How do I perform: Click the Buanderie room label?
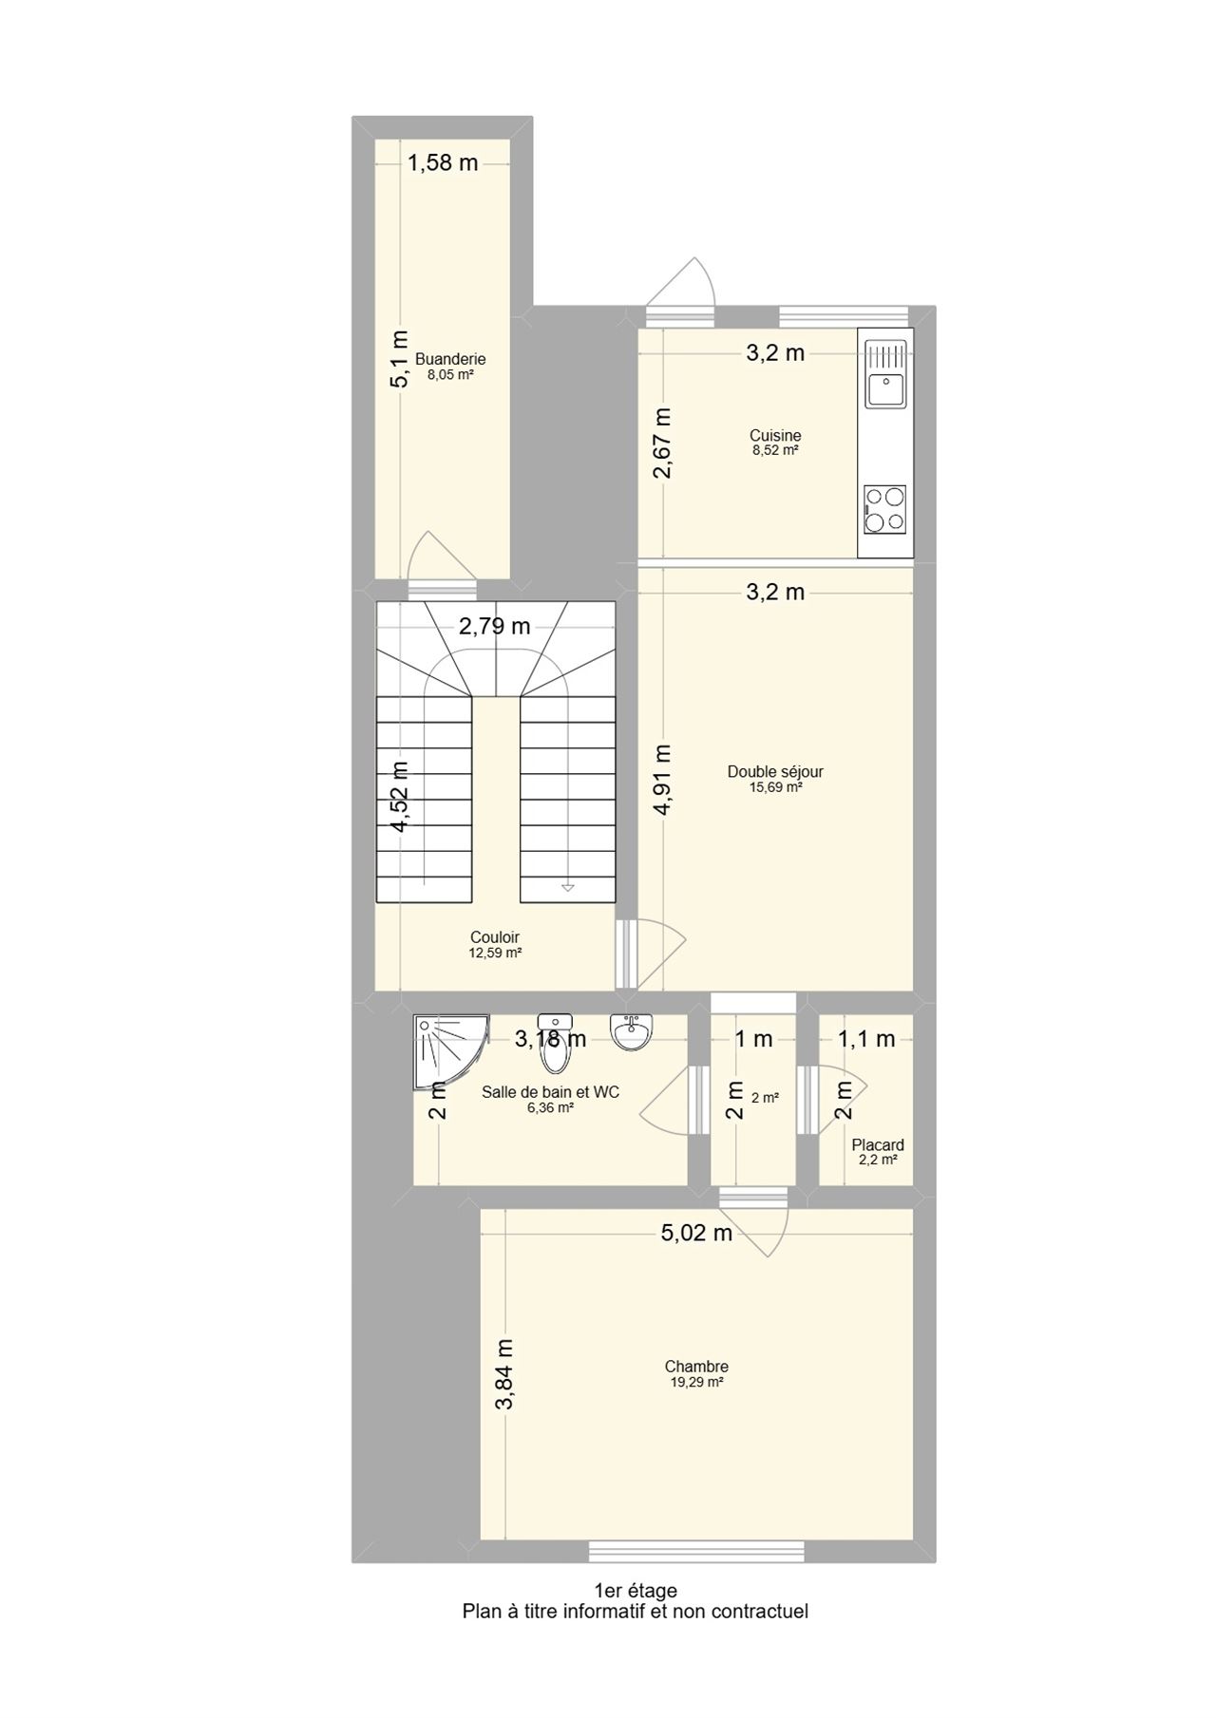(450, 359)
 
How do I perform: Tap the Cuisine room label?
(775, 436)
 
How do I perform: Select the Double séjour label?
(775, 772)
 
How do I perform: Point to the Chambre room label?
(696, 1368)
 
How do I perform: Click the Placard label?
(878, 1145)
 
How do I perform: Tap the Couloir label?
(495, 937)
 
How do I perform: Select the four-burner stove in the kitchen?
(885, 510)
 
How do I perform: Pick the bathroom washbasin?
(632, 1031)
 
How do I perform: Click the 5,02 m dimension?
(696, 1233)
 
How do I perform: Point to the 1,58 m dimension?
(443, 163)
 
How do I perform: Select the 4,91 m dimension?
(662, 779)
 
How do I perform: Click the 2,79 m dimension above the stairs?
(494, 627)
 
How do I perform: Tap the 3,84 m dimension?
(504, 1374)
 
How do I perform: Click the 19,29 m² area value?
(696, 1383)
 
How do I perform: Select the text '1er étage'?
(636, 1591)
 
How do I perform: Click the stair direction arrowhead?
(568, 887)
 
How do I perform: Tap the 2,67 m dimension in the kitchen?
(662, 443)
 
